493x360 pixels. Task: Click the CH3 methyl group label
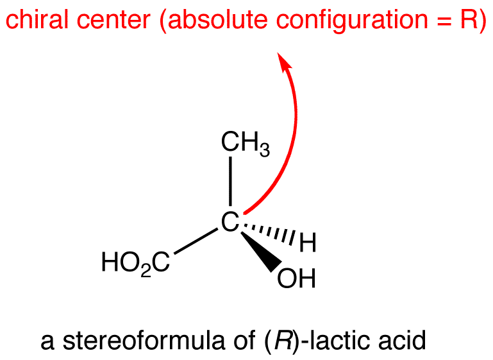[246, 144]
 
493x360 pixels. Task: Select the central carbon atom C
[230, 222]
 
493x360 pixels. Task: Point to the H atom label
[308, 243]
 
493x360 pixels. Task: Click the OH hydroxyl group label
[296, 278]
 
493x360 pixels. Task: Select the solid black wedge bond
[261, 252]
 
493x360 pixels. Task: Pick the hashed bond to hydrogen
[268, 233]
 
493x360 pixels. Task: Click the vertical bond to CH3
[231, 181]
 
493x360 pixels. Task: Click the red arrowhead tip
[278, 53]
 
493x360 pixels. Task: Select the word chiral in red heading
[37, 19]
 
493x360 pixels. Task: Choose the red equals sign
[444, 21]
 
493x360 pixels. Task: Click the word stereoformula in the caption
[144, 340]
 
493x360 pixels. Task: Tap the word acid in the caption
[402, 340]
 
